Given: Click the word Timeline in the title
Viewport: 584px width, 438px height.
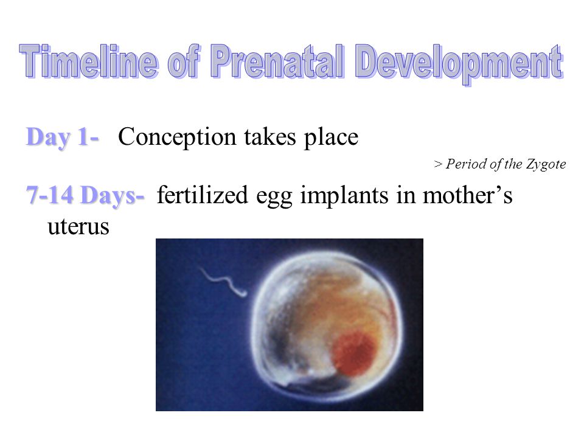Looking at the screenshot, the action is point(89,61).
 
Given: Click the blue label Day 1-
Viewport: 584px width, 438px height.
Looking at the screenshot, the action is point(62,137).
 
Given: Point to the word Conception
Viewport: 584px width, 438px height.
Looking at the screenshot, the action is point(177,137).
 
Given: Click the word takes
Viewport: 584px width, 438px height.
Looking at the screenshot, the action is point(270,136).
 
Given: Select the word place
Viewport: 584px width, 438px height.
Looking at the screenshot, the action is point(331,137).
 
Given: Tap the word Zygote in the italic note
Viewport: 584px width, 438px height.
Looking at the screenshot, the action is point(546,164).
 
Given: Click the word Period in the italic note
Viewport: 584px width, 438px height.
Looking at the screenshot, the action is point(467,164).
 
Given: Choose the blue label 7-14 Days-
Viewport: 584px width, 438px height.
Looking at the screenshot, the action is point(85,195).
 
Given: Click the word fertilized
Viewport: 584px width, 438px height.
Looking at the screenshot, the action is point(202,195).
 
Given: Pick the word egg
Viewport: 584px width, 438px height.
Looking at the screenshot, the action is point(274,197).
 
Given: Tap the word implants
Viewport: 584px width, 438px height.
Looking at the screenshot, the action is point(344,196).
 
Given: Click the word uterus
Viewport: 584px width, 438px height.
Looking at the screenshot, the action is point(78,226).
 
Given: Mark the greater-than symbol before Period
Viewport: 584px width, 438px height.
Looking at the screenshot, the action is point(439,164).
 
